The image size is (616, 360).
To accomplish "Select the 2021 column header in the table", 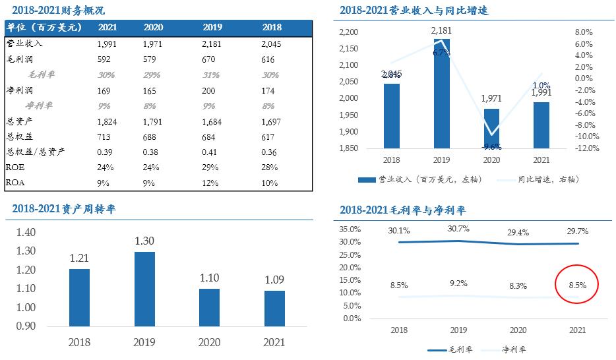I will [108, 27].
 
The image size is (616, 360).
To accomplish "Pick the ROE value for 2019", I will [211, 167].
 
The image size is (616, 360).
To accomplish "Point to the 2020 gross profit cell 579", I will [153, 59].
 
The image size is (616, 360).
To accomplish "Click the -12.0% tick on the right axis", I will [586, 148].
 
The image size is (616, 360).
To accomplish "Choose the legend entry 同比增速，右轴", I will [547, 179].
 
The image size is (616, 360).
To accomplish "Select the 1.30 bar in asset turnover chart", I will [144, 289].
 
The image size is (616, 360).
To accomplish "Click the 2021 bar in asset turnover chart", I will [274, 308].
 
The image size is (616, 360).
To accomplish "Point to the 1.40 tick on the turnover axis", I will [28, 232].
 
